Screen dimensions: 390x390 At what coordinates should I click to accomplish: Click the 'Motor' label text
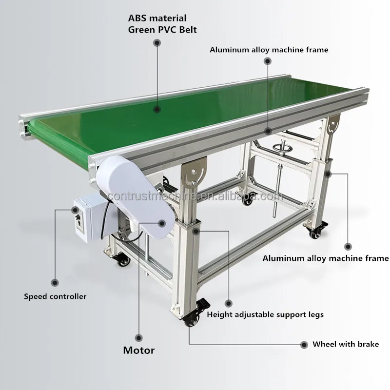(139, 350)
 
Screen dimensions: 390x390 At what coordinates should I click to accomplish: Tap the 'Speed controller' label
(55, 296)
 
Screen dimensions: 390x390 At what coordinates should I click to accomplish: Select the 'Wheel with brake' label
(346, 344)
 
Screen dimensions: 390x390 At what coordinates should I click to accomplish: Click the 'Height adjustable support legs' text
(265, 314)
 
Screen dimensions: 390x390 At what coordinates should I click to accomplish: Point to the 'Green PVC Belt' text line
(162, 30)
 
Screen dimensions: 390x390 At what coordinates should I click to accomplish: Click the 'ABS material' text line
(157, 18)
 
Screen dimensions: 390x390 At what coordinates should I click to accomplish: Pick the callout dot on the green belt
(156, 109)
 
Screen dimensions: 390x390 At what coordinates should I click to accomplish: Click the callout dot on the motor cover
(162, 223)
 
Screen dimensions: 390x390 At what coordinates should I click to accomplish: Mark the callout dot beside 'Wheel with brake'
(304, 345)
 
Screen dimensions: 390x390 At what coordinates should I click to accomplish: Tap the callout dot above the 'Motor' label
(138, 338)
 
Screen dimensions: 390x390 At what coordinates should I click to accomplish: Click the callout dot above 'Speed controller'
(55, 283)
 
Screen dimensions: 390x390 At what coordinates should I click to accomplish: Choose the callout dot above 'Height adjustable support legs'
(228, 303)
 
